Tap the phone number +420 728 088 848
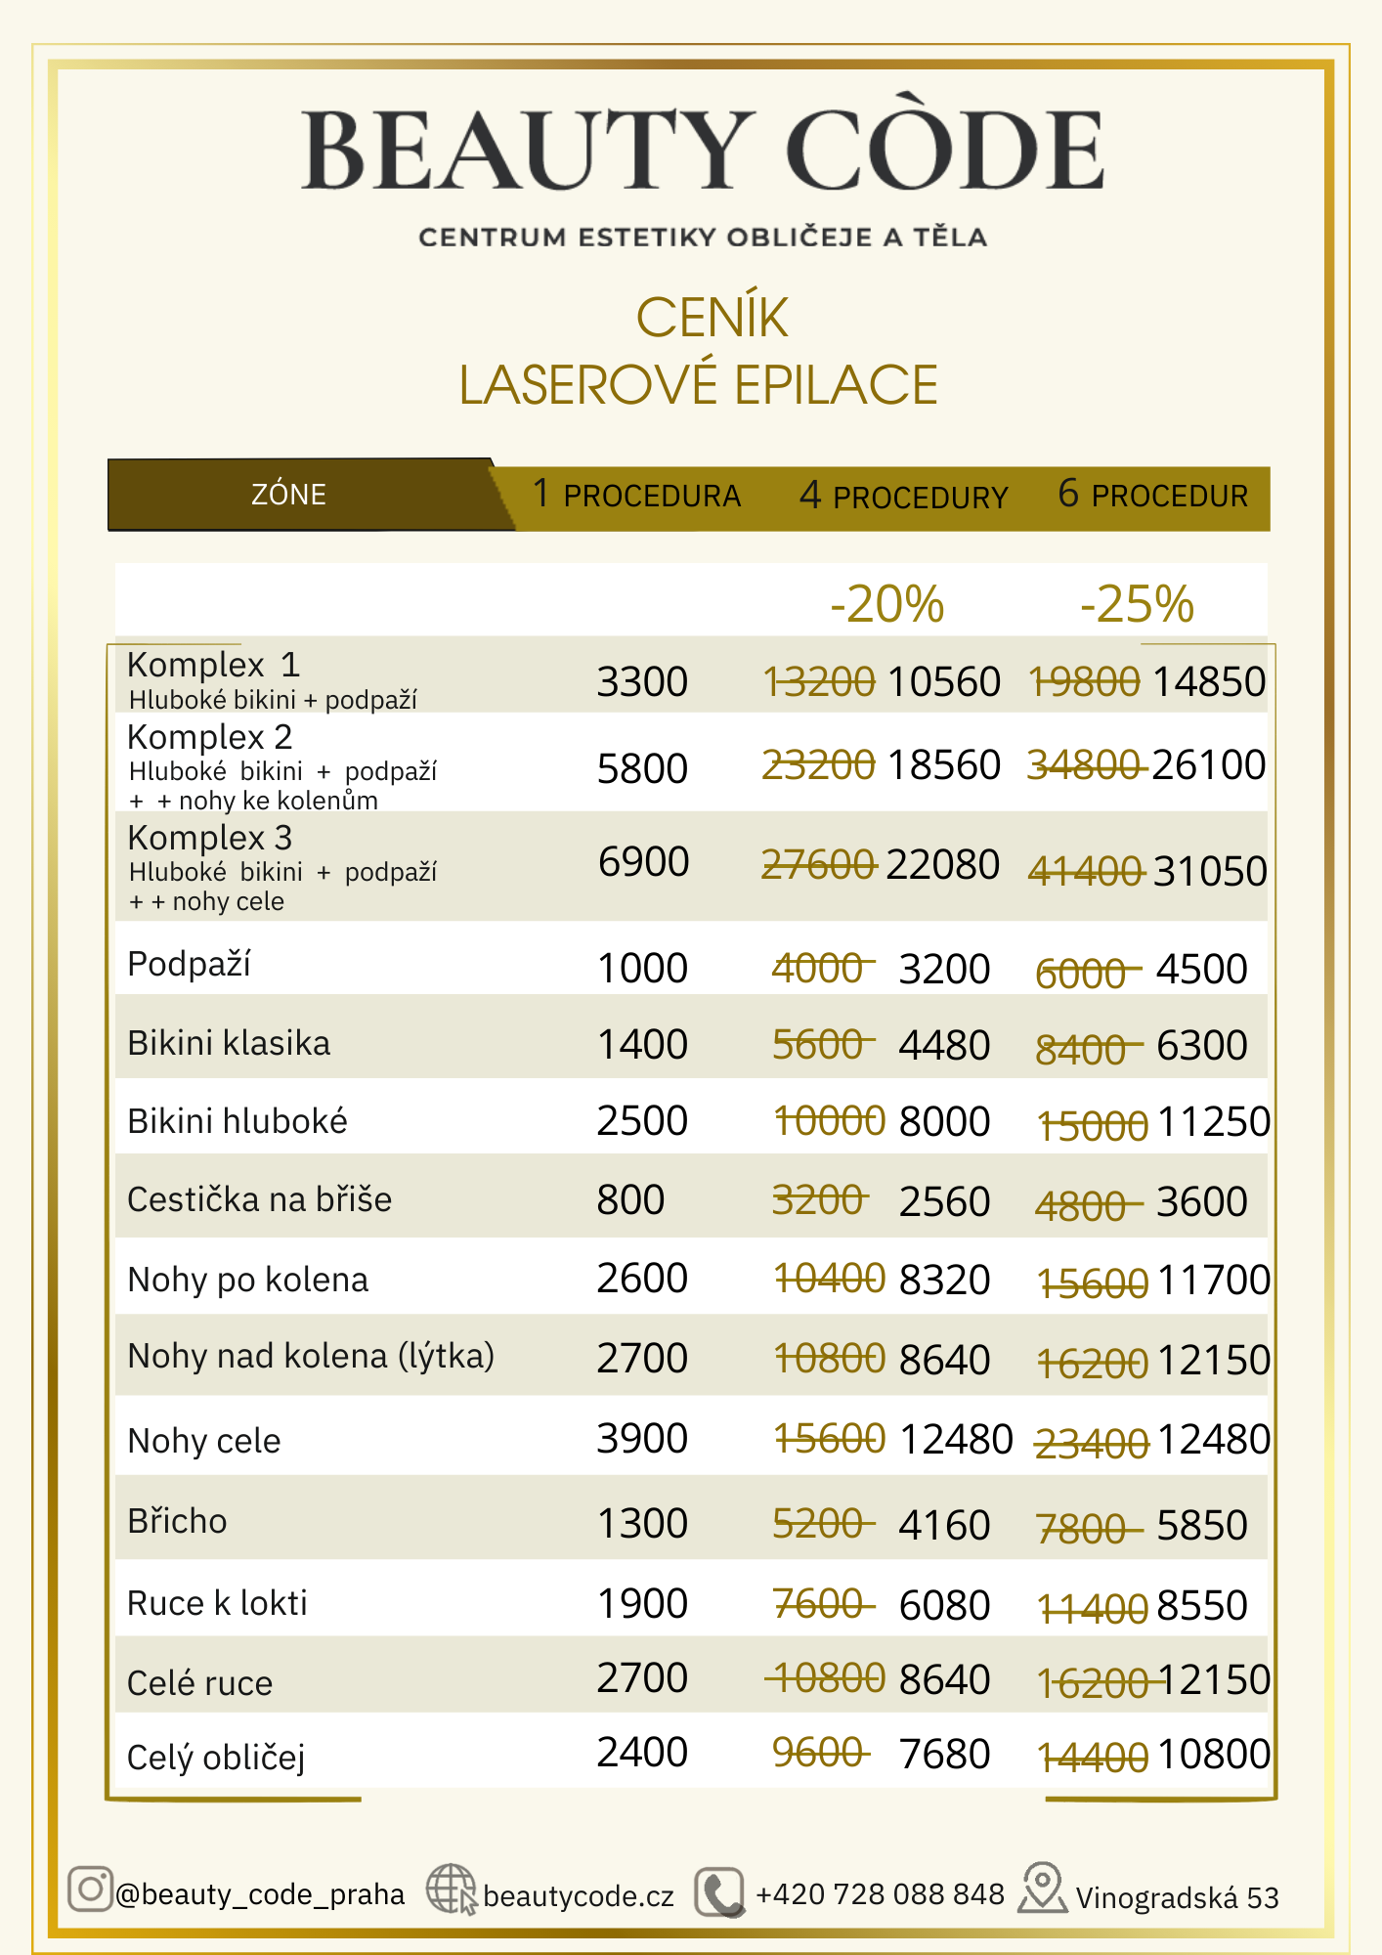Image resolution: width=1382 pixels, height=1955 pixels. point(880,1894)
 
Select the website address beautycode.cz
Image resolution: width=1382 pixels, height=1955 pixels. point(578,1896)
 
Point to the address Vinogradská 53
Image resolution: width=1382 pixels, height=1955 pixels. point(1177,1897)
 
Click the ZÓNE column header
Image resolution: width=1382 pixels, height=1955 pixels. point(288,495)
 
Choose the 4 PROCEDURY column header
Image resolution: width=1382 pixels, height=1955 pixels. point(903,497)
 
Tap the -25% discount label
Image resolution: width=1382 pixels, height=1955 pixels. point(1137,604)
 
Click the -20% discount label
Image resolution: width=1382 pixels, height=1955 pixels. point(886,604)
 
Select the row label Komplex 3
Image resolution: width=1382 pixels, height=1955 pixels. point(210,838)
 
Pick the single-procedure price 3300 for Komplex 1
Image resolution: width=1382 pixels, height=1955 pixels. point(642,681)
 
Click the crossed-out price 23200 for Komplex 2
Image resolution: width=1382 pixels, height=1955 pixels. point(818,765)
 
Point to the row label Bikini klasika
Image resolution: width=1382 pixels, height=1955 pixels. point(229,1043)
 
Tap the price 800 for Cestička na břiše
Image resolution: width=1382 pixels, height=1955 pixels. point(630,1199)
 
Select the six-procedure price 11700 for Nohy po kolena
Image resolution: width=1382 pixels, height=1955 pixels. point(1213,1281)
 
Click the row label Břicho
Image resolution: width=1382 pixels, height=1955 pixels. point(177,1521)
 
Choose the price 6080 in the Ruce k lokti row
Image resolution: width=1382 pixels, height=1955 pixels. point(944,1605)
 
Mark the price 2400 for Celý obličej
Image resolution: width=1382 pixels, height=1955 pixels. point(642,1753)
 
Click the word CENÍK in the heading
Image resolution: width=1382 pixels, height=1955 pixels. point(712,318)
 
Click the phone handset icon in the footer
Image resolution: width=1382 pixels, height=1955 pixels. point(719,1893)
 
